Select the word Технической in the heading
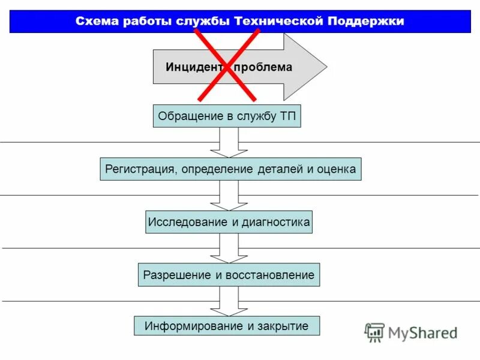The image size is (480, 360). click(279, 22)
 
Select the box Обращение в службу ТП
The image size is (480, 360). click(227, 116)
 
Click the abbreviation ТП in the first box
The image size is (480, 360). click(287, 116)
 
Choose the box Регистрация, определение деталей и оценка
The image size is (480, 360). click(230, 169)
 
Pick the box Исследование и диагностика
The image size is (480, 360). click(229, 222)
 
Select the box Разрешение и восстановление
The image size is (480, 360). click(229, 275)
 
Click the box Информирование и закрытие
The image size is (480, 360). click(227, 326)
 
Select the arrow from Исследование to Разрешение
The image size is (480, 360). click(229, 248)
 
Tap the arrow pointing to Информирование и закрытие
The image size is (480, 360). click(229, 301)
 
